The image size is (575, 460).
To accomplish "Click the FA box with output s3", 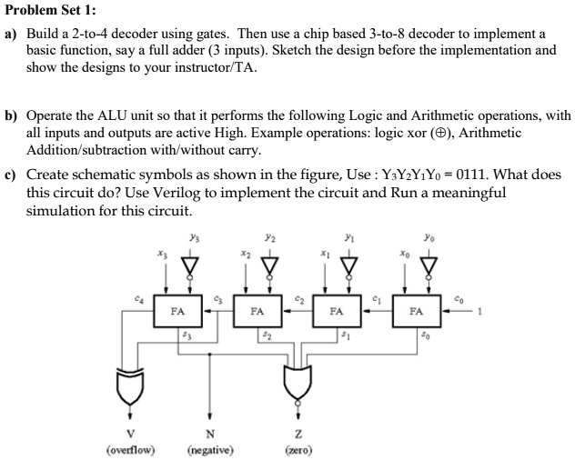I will pos(178,310).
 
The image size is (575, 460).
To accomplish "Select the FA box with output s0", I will pos(416,310).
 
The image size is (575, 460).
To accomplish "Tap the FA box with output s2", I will pos(257,310).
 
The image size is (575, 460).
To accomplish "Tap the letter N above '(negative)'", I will pos(211,432).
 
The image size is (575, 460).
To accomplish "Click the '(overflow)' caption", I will pos(130,449).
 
